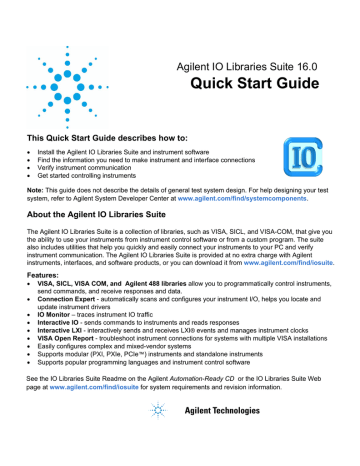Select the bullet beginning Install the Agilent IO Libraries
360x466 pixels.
tap(130, 146)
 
